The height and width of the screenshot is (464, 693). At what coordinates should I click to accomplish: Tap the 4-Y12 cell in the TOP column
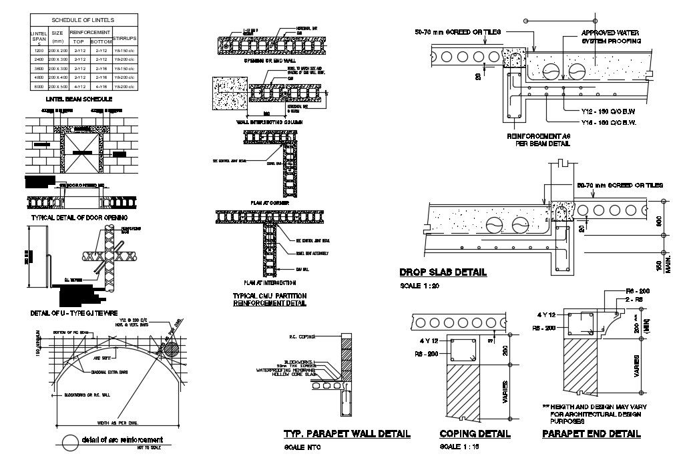[x=79, y=86]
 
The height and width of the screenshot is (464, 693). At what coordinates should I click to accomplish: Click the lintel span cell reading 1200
[x=38, y=51]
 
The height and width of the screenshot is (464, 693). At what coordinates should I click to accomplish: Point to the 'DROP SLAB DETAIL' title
[x=443, y=272]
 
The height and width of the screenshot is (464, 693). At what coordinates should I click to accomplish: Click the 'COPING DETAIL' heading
[x=475, y=434]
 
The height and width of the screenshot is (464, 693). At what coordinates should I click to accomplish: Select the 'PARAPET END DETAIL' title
[x=592, y=434]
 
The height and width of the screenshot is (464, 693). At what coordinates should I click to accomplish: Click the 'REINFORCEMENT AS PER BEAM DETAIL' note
[x=539, y=139]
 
